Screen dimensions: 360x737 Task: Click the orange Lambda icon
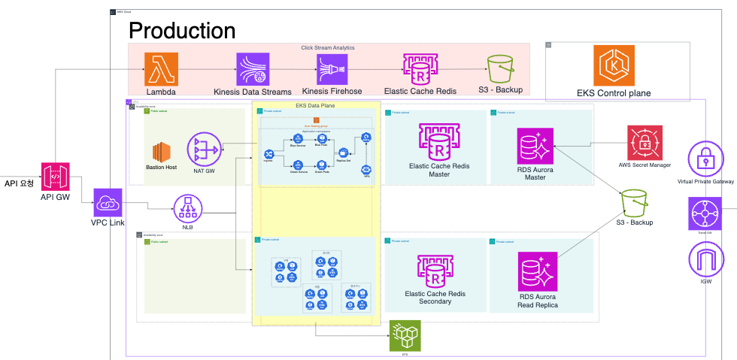[162, 69]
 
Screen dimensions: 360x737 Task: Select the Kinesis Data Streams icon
[252, 69]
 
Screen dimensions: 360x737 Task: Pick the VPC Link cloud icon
[108, 203]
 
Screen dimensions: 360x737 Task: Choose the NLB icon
[188, 209]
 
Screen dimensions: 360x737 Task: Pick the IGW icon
[705, 260]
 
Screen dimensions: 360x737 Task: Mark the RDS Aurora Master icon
[535, 145]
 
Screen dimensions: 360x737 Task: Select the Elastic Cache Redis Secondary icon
[428, 271]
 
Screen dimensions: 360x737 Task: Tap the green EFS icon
[404, 335]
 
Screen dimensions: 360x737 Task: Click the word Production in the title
[182, 30]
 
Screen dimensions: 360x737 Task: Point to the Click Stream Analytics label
[328, 47]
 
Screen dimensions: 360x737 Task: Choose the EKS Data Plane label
[315, 106]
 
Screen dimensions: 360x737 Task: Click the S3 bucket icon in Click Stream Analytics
[501, 69]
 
